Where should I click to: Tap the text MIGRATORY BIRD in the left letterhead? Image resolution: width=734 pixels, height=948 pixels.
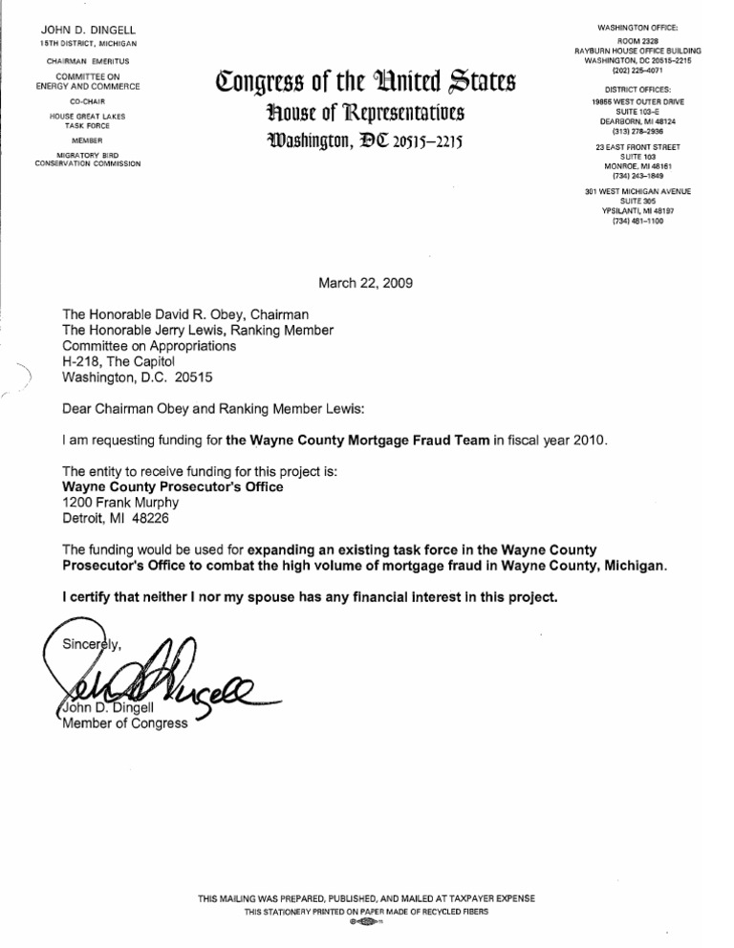(x=87, y=156)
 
